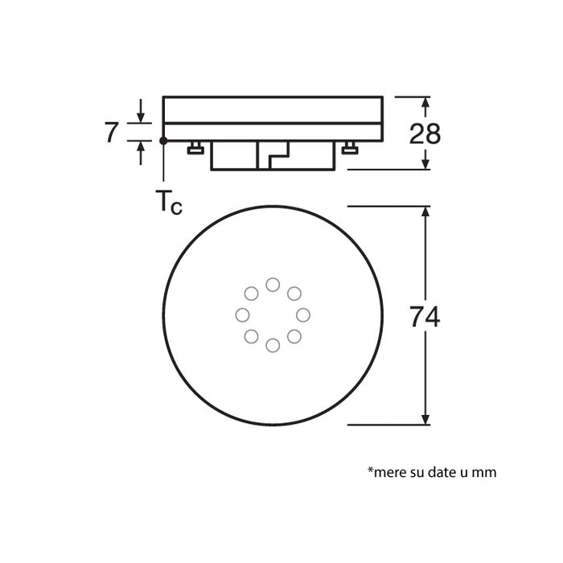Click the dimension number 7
click(112, 133)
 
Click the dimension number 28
click(425, 134)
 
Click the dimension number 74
click(425, 317)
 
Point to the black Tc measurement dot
click(163, 141)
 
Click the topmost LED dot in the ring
click(273, 285)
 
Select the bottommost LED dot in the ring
click(273, 345)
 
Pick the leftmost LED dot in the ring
click(242, 314)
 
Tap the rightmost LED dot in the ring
click(303, 314)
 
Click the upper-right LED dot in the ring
click(294, 294)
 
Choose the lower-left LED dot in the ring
click(252, 336)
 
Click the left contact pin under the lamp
click(195, 148)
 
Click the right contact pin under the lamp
click(349, 148)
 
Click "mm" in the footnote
click(486, 472)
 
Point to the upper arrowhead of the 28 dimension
click(426, 102)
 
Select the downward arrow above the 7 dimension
click(141, 117)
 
